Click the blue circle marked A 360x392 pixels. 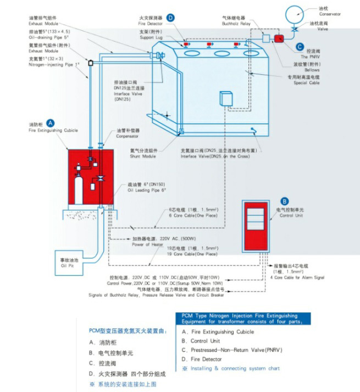(50, 124)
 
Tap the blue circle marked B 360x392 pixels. (284, 201)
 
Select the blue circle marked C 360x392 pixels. (299, 48)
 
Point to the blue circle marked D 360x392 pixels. (170, 18)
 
